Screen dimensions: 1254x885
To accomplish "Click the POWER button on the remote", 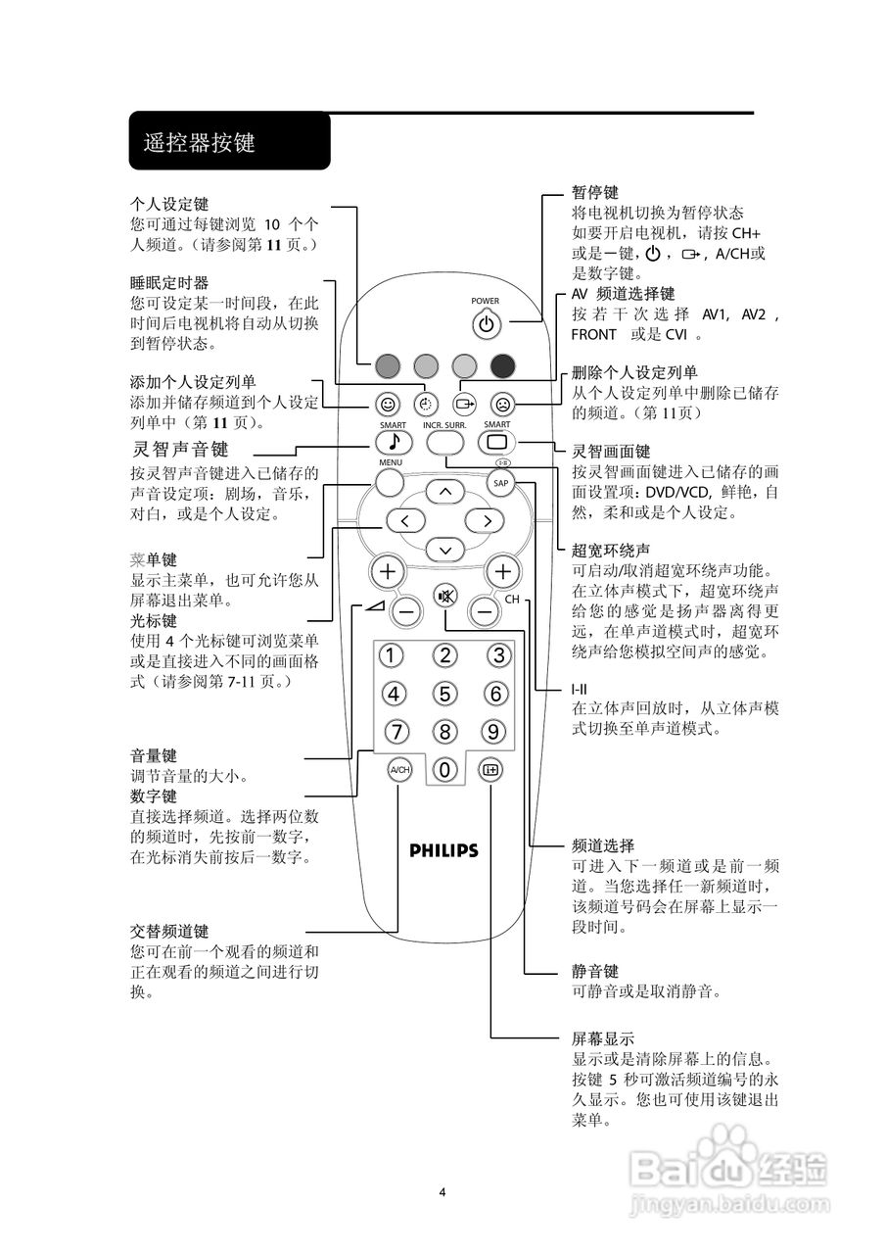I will (486, 323).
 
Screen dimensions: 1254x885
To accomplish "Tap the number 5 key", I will (445, 695).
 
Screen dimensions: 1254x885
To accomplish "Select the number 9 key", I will (492, 732).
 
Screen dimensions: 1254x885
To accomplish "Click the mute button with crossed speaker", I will (445, 596).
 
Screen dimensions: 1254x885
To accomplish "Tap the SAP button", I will (501, 484).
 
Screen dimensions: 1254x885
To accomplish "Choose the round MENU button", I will (389, 482).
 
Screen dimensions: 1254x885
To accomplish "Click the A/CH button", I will (399, 769).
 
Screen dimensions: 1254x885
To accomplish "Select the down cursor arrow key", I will (445, 550).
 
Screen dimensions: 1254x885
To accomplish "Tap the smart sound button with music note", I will (392, 442).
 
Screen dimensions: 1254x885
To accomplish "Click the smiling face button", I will (389, 404).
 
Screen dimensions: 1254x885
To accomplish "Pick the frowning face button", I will (501, 404).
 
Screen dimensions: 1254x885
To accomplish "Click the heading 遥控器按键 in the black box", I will (199, 143).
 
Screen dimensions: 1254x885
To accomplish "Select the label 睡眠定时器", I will (169, 282).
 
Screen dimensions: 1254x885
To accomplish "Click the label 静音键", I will (594, 972).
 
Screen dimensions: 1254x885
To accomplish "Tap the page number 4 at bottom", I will (442, 1191).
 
